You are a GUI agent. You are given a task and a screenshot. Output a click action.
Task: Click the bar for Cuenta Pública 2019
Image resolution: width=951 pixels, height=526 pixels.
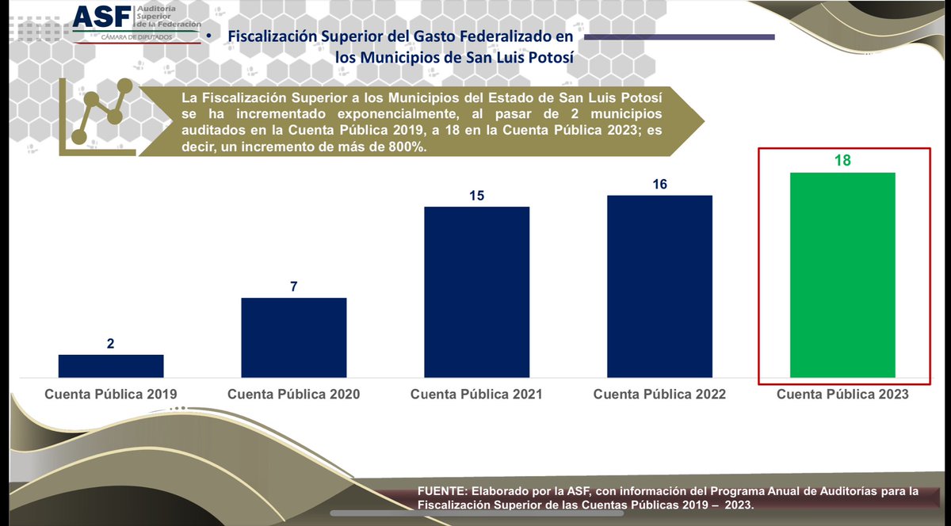coord(111,366)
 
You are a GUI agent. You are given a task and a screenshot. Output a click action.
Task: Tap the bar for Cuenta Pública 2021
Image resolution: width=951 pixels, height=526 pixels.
coord(476,292)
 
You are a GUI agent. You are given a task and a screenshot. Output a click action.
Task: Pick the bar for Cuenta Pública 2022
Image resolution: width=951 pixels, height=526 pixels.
coord(659,286)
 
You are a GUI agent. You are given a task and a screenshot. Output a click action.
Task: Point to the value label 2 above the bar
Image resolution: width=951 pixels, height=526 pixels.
coord(111,344)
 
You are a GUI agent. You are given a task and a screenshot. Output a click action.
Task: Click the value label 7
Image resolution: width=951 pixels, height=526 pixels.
coord(293,287)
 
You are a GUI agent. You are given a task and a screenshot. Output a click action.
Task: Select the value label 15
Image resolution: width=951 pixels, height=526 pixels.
coord(476,196)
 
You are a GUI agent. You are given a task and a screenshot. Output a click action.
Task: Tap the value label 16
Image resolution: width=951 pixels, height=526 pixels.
coord(659,185)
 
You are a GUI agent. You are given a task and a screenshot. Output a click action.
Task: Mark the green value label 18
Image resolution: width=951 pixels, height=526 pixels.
coord(842,161)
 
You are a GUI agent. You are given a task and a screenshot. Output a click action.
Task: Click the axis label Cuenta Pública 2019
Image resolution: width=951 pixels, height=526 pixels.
coord(111,394)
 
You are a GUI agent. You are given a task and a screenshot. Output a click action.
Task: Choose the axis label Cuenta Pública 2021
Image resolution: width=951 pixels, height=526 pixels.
coord(476,394)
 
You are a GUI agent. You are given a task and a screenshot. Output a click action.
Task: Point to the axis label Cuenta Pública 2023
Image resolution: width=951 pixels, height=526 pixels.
coord(842,394)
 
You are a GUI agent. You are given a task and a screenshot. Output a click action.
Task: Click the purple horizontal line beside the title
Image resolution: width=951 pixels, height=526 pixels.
coord(678,36)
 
